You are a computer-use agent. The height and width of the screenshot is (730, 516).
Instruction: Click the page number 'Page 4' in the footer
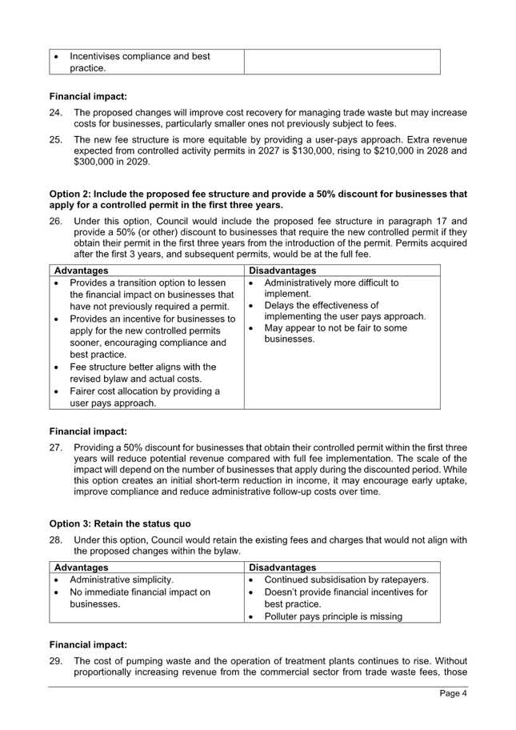coord(453,692)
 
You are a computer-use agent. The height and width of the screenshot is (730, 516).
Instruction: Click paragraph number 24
coord(55,113)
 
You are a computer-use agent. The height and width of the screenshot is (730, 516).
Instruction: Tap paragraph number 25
coord(55,139)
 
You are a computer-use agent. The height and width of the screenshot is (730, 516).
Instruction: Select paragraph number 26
coord(55,221)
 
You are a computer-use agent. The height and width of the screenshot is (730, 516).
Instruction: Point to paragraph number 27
coord(55,447)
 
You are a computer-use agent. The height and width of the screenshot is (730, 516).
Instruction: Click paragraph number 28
coord(55,540)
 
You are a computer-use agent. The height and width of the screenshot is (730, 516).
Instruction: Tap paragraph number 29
coord(55,661)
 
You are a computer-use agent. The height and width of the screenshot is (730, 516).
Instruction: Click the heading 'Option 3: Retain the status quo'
coord(120,523)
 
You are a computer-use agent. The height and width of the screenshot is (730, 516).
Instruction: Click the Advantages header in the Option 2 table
coord(81,271)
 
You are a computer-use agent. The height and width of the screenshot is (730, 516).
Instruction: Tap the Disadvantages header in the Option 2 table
coord(282,271)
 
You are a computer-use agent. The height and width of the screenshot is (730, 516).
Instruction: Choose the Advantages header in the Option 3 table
coord(81,568)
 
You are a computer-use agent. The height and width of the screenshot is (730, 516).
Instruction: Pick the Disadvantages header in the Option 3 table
coord(282,568)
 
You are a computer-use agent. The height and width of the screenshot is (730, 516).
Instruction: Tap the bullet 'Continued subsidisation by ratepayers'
coord(346,580)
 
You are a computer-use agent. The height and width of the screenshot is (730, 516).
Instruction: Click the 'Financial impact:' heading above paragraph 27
coord(88,431)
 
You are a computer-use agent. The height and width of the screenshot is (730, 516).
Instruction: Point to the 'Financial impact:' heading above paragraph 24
coord(88,96)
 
